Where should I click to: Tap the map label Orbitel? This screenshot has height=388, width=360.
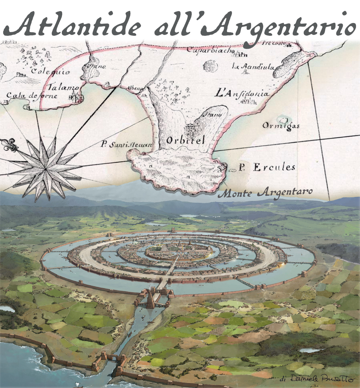(x=185, y=140)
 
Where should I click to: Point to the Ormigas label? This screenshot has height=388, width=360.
(x=281, y=126)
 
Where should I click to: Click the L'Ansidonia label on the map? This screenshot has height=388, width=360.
(x=242, y=94)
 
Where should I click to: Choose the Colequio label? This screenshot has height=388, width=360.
(x=50, y=71)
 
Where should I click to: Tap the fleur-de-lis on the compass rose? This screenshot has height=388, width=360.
(x=10, y=145)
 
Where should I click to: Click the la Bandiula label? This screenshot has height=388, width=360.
(x=253, y=67)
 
